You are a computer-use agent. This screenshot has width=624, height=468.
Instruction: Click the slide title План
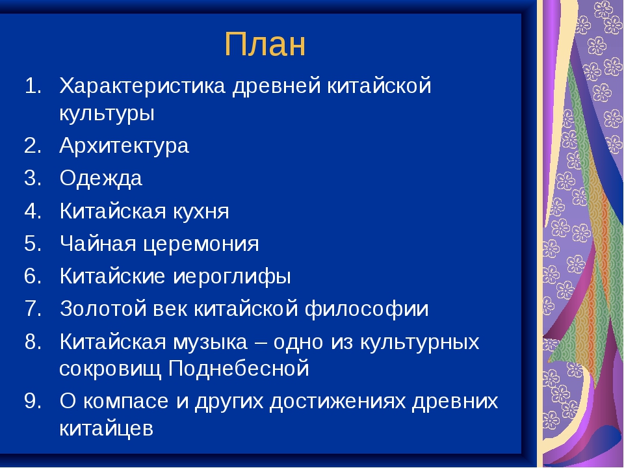tap(265, 44)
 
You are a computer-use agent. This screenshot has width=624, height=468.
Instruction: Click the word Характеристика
tap(142, 86)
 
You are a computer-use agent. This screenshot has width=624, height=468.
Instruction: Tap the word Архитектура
tap(123, 146)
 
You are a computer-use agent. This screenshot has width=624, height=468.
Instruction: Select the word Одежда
tap(101, 179)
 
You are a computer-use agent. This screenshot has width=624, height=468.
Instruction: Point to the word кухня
tap(201, 211)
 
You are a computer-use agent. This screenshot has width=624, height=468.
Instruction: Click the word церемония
tap(201, 244)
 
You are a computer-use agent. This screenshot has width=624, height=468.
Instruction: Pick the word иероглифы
tap(232, 277)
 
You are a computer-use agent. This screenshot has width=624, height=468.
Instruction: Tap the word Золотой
tap(103, 309)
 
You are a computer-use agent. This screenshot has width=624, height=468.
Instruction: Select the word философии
tap(367, 309)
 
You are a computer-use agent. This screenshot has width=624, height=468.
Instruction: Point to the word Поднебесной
tap(239, 369)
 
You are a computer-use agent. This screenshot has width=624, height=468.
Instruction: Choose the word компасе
tap(125, 401)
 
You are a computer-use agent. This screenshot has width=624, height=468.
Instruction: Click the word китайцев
tap(106, 429)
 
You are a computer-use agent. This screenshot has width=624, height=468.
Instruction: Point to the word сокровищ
tap(110, 369)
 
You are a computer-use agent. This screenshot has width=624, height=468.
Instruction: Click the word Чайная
tap(98, 243)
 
